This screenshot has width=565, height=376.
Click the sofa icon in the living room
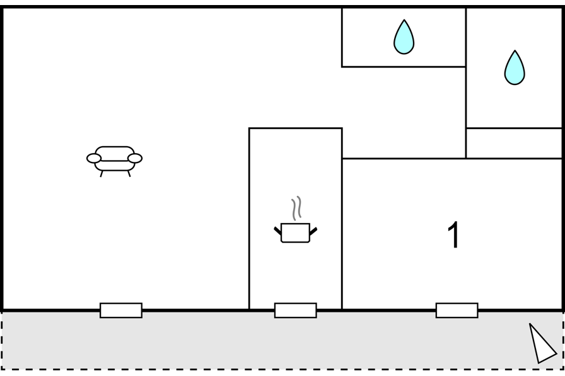coord(115,161)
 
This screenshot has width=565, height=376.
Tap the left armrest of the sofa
coord(94,158)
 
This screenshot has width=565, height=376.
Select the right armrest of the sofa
coord(135,158)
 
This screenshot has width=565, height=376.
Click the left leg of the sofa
coord(102,174)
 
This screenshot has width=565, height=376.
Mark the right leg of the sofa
coord(129,174)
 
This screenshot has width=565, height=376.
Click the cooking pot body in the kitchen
coord(295,233)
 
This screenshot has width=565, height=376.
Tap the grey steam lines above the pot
coord(296,208)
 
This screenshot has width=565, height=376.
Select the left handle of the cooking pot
coord(277,231)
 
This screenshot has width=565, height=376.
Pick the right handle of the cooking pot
coord(313,231)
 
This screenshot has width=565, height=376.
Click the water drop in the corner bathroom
coord(515,67)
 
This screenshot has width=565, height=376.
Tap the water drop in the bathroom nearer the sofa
coord(404,37)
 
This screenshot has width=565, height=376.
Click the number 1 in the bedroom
coord(454,234)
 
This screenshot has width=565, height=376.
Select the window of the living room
coord(121,310)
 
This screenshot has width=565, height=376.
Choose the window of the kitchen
coord(296,310)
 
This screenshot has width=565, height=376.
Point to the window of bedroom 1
coord(457,310)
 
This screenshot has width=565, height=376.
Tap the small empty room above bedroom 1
coord(514,143)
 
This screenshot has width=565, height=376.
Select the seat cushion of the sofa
coord(115,166)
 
